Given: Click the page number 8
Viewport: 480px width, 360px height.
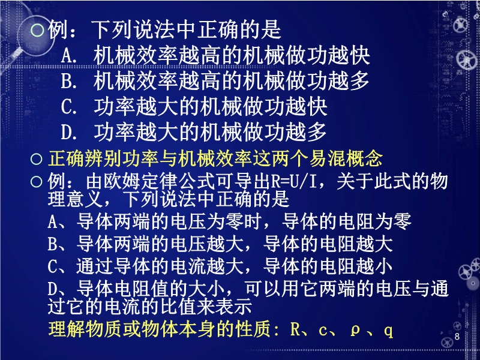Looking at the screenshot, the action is click(457, 337).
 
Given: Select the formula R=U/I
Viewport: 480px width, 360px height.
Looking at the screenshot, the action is click(293, 182).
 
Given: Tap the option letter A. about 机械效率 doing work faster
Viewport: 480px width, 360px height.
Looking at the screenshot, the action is click(69, 56).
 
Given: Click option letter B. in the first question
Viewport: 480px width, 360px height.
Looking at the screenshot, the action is click(69, 82).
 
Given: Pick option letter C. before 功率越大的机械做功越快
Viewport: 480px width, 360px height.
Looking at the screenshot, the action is click(69, 107).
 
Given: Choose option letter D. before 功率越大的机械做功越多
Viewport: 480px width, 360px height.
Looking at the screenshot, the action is click(69, 132).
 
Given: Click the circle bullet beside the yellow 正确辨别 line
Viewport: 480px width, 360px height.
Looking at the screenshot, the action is click(37, 159).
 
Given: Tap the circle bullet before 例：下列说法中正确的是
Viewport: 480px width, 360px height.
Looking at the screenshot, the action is click(37, 30).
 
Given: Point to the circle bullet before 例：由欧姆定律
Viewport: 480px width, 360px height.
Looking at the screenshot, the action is click(37, 182).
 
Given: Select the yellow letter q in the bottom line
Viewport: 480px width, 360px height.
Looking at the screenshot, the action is click(388, 331).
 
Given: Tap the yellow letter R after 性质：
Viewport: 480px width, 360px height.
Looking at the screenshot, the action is click(295, 329).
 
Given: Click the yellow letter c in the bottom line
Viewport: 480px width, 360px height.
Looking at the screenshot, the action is click(323, 331).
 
